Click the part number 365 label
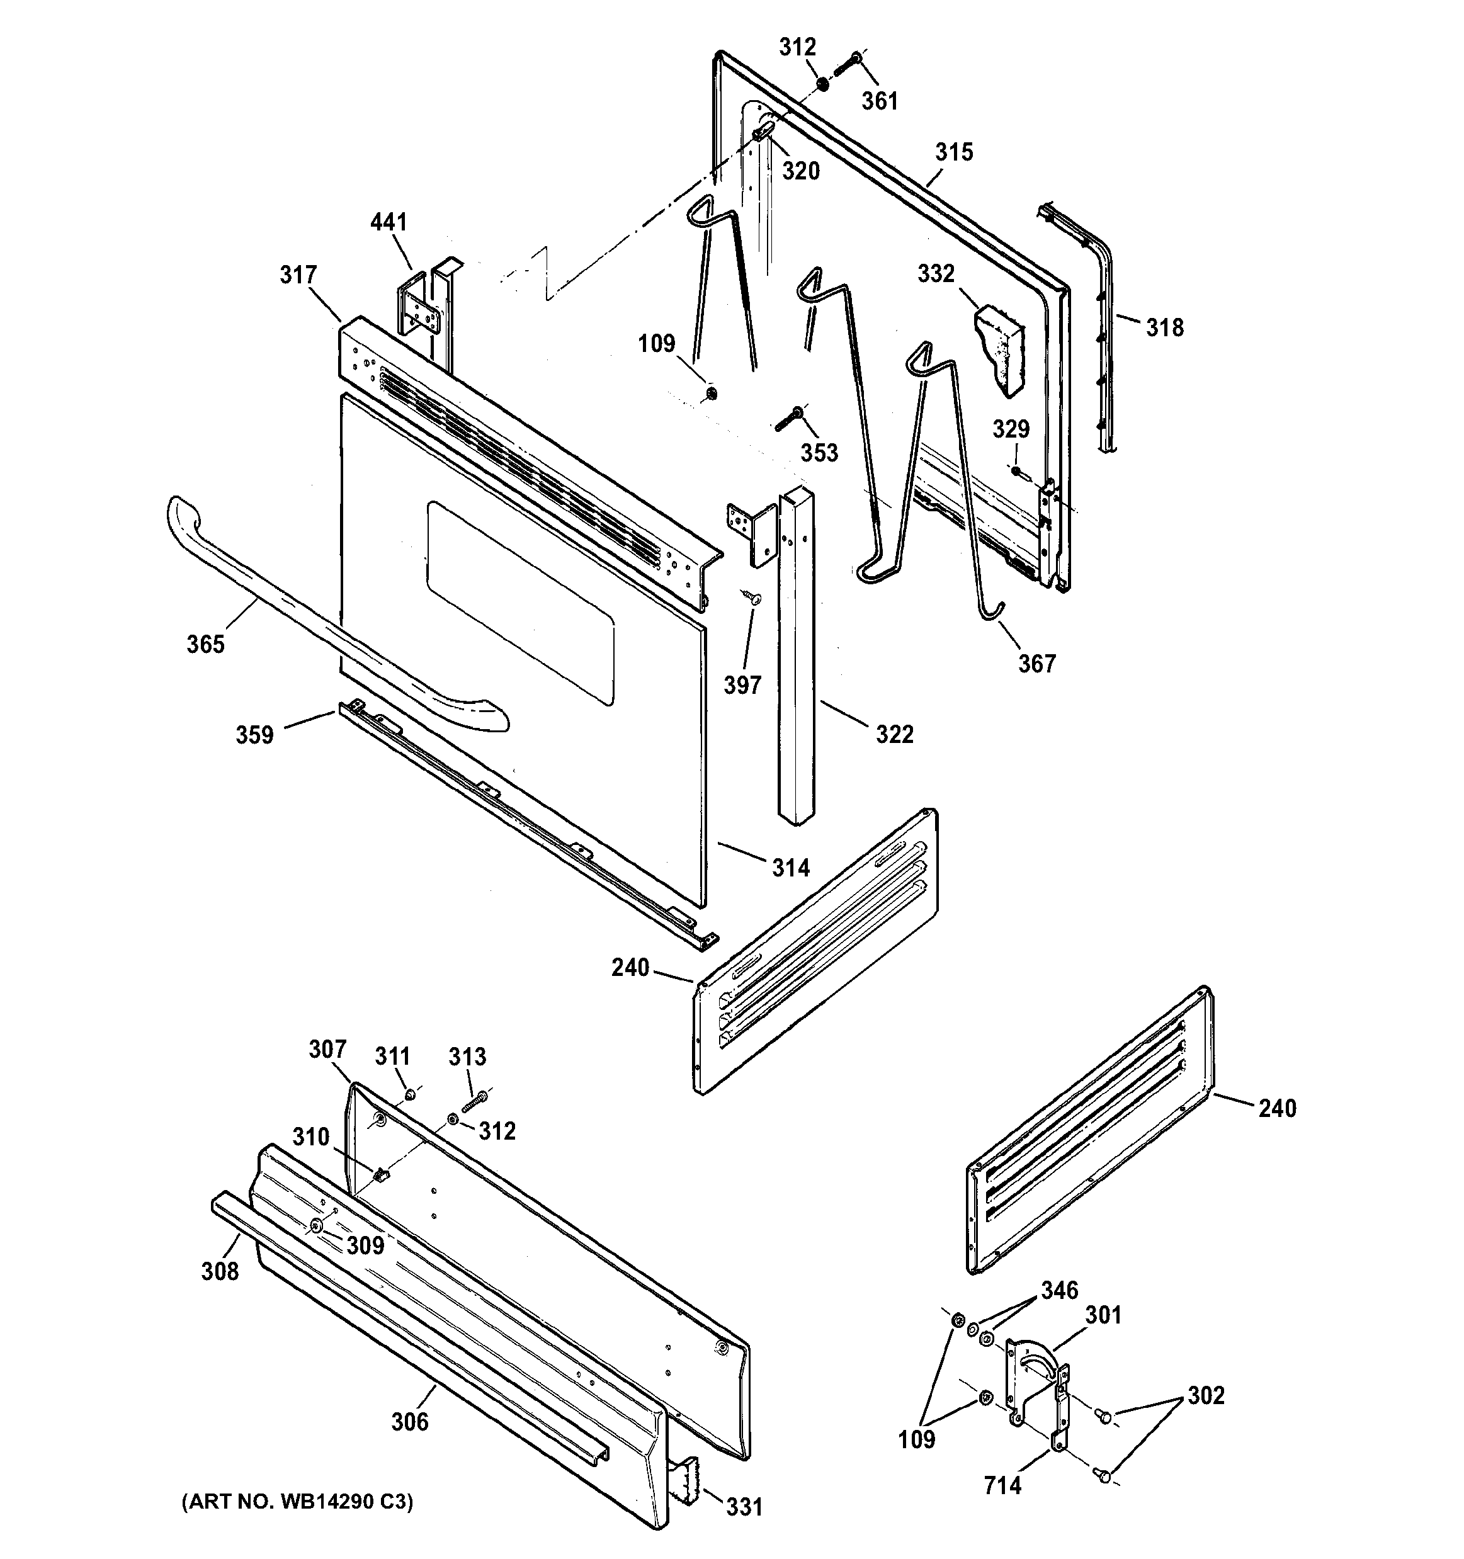pos(205,644)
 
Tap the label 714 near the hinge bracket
pos(1003,1485)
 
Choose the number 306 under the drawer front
pos(410,1422)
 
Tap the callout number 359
pos(255,735)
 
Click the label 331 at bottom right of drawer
pos(744,1507)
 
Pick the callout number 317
pos(298,275)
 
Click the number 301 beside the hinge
pos(1103,1315)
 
